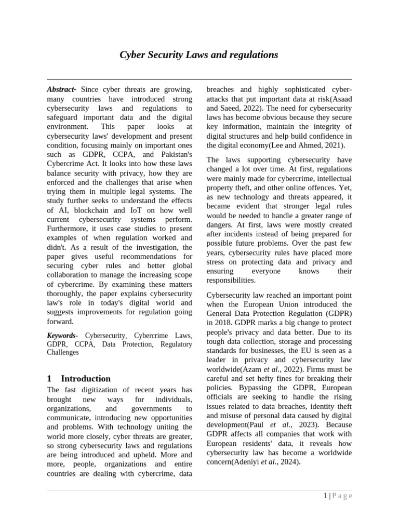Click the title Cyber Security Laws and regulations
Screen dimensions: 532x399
point(199,55)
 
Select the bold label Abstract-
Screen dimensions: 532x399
point(62,89)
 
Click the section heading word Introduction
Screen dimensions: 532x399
point(86,378)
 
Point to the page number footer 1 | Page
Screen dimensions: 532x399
point(337,496)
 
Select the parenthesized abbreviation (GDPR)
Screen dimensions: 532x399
point(336,313)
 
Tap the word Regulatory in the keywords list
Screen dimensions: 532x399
point(176,344)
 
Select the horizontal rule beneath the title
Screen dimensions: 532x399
point(199,79)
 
